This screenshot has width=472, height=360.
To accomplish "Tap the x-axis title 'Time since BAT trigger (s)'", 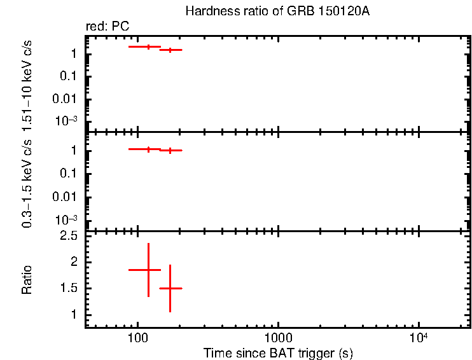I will click(278, 352).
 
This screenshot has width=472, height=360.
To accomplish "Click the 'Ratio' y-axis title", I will click(27, 280).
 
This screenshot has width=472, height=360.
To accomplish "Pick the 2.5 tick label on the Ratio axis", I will click(68, 236).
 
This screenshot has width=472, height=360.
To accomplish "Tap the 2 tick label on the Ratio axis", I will click(74, 262).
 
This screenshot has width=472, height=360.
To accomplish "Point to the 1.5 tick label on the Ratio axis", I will click(68, 288).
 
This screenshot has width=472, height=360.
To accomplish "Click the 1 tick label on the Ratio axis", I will click(74, 315).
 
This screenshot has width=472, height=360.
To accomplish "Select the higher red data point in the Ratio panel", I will click(148, 270).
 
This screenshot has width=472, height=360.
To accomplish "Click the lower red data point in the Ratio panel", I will click(170, 288).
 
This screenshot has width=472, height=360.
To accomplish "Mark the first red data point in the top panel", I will click(148, 46).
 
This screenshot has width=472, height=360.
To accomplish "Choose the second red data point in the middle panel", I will click(170, 150).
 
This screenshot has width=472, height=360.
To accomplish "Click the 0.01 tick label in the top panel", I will click(66, 99).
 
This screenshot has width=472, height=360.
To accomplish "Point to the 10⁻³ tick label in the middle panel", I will click(66, 219).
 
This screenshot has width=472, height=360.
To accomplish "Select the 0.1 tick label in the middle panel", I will click(68, 174).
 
